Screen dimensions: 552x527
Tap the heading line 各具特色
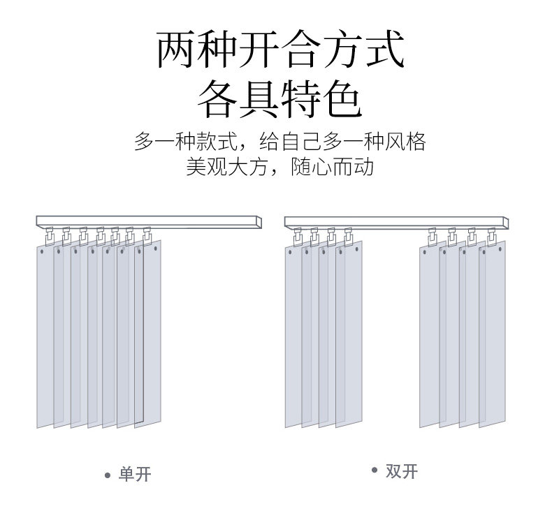(279, 99)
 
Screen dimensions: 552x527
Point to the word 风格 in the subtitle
(408, 142)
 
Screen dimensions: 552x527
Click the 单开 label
(134, 475)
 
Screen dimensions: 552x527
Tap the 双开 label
(401, 471)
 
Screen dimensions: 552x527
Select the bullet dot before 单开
(108, 476)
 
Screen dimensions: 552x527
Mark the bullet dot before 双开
(375, 471)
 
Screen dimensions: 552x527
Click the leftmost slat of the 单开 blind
(45, 335)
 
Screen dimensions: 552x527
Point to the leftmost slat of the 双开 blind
(293, 335)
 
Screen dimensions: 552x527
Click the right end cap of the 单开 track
(259, 222)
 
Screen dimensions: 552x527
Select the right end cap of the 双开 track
(504, 223)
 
